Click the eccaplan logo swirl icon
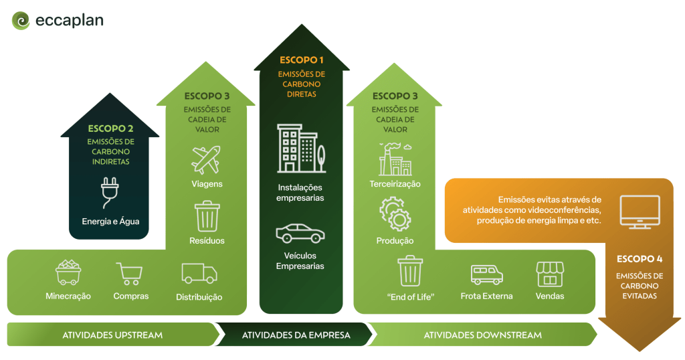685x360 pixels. [x=21, y=21]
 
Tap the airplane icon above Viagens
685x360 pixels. [x=206, y=160]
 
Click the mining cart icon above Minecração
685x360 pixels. [x=68, y=272]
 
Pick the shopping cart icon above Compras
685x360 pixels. [x=128, y=273]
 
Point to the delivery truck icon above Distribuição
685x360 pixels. [x=199, y=272]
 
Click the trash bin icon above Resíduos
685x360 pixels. [x=207, y=216]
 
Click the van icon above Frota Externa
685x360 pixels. [x=486, y=274]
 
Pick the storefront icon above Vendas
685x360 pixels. [x=550, y=274]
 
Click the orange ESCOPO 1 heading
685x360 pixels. [x=302, y=60]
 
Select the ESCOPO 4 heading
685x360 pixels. [x=640, y=258]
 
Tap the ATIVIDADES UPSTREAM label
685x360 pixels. [x=112, y=335]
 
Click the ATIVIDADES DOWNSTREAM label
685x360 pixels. [x=482, y=335]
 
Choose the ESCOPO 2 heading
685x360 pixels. [x=110, y=128]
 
